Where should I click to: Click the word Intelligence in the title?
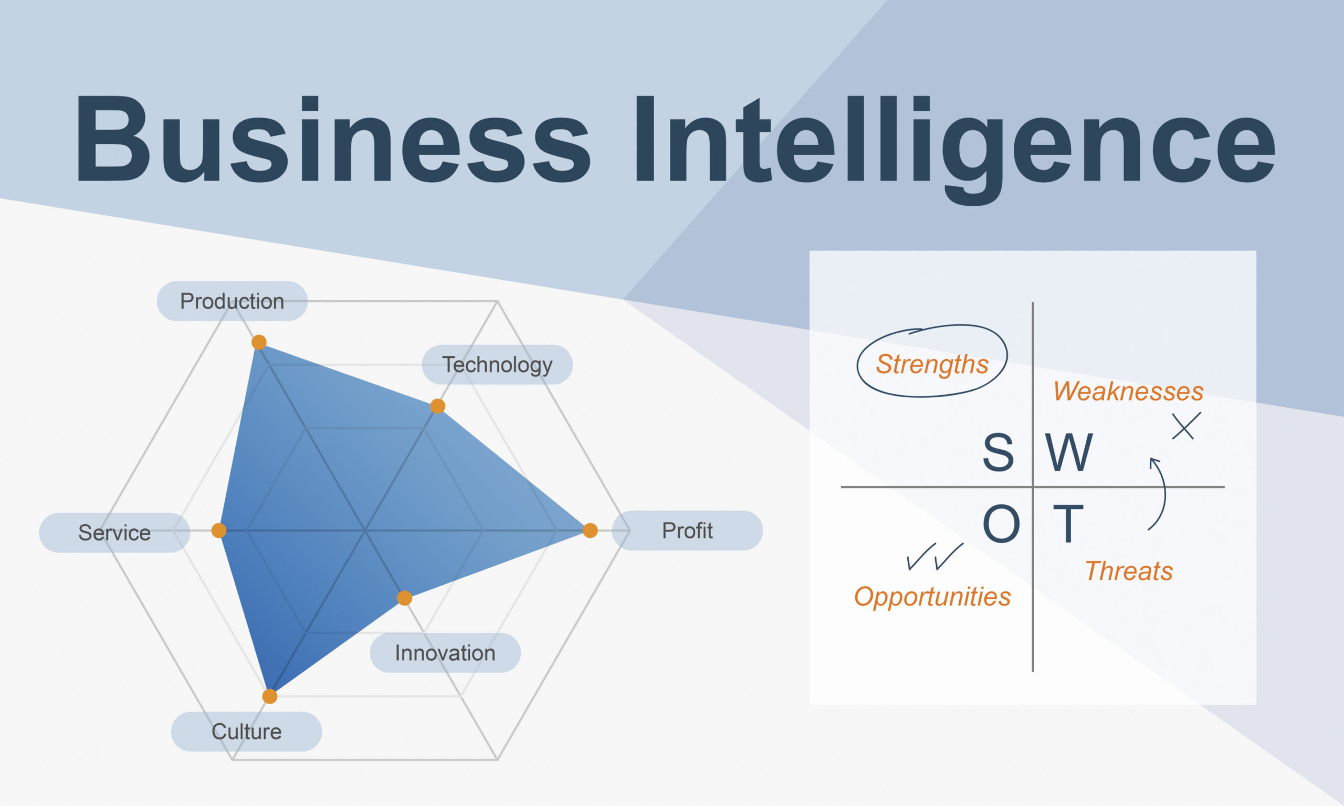pyautogui.click(x=955, y=150)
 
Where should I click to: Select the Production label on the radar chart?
pyautogui.click(x=232, y=301)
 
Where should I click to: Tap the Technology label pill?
pyautogui.click(x=497, y=365)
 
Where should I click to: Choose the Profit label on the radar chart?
pyautogui.click(x=687, y=531)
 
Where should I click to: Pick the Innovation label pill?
pyautogui.click(x=445, y=653)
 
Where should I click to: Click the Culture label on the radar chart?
pyautogui.click(x=246, y=731)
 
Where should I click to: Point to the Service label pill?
pyautogui.click(x=114, y=533)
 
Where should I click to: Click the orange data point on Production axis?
pyautogui.click(x=259, y=342)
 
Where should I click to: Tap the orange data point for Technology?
pyautogui.click(x=437, y=406)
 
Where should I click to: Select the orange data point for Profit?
pyautogui.click(x=590, y=531)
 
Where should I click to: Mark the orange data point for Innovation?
pyautogui.click(x=404, y=598)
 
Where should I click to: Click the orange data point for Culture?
pyautogui.click(x=269, y=696)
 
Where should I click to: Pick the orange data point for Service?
pyautogui.click(x=219, y=531)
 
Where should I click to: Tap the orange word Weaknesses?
pyautogui.click(x=1128, y=391)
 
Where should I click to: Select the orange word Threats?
pyautogui.click(x=1129, y=571)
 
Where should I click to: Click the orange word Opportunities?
pyautogui.click(x=932, y=598)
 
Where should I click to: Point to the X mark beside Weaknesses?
pyautogui.click(x=1186, y=426)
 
